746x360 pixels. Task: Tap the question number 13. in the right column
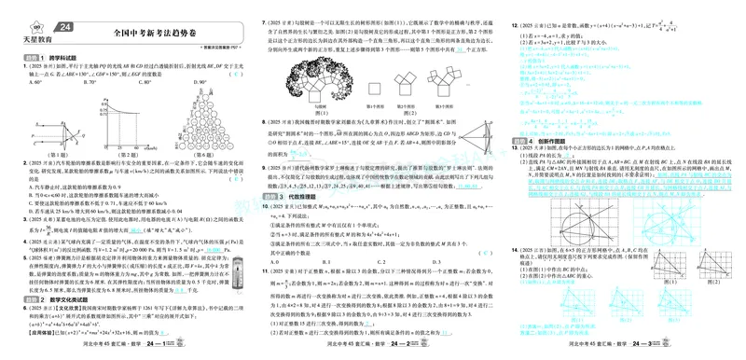tap(515, 150)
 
